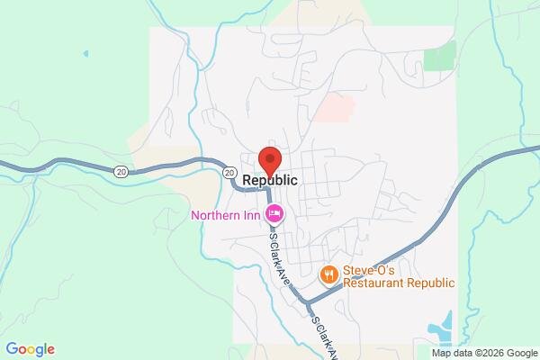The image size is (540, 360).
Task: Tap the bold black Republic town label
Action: (x=270, y=180)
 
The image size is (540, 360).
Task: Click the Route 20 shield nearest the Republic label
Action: (x=230, y=172)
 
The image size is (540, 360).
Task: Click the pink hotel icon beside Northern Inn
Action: (x=274, y=214)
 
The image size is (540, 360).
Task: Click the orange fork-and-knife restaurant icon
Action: (x=329, y=273)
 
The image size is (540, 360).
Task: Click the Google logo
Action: (x=29, y=349)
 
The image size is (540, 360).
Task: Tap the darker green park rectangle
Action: (x=440, y=55)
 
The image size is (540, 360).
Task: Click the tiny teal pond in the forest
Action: (x=86, y=53)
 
